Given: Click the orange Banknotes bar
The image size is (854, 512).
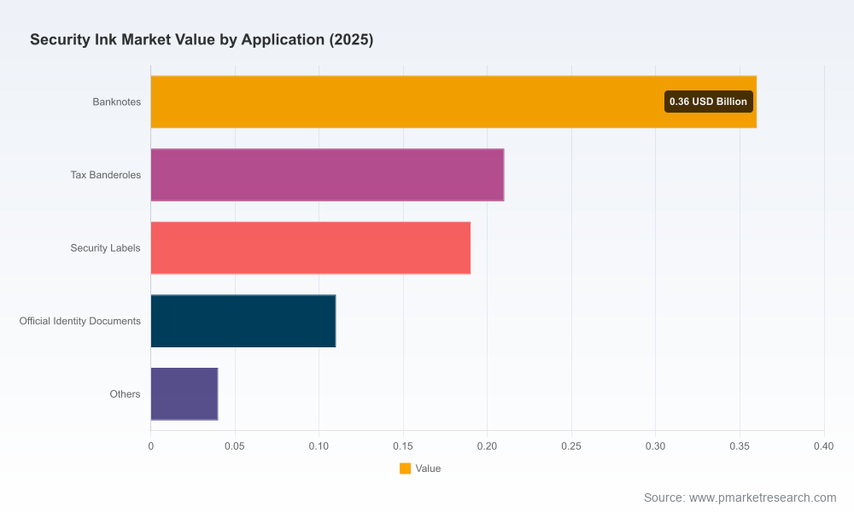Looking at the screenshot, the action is pyautogui.click(x=453, y=102).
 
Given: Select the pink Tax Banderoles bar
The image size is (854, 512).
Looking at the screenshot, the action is pyautogui.click(x=327, y=175).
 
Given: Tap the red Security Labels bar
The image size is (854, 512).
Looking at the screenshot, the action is pyautogui.click(x=311, y=247).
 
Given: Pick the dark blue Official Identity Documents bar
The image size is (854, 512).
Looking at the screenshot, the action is pyautogui.click(x=243, y=321).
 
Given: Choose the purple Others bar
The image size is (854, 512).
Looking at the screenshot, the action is pyautogui.click(x=184, y=394).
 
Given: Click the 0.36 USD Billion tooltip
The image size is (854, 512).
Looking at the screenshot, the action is pyautogui.click(x=709, y=102).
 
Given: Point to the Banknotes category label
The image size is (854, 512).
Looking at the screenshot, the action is pyautogui.click(x=116, y=102).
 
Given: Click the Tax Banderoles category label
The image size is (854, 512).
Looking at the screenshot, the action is pyautogui.click(x=106, y=175).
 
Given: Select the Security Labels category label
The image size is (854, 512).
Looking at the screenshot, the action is pyautogui.click(x=105, y=248).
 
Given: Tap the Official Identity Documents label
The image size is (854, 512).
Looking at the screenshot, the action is pyautogui.click(x=80, y=321).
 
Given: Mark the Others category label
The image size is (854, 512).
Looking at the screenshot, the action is pyautogui.click(x=126, y=394).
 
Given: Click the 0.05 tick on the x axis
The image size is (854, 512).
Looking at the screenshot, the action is pyautogui.click(x=235, y=446).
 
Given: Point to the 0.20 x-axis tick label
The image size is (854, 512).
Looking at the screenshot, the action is pyautogui.click(x=487, y=446).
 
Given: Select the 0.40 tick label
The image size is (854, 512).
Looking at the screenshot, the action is pyautogui.click(x=823, y=446).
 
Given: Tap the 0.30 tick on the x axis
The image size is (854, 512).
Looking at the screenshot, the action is pyautogui.click(x=655, y=446).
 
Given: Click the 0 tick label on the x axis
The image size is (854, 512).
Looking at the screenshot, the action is pyautogui.click(x=151, y=446).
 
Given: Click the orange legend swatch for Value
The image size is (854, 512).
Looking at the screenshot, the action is pyautogui.click(x=405, y=468).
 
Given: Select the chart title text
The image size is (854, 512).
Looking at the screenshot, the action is pyautogui.click(x=202, y=40).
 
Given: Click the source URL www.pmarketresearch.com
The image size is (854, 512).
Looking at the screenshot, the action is pyautogui.click(x=763, y=497).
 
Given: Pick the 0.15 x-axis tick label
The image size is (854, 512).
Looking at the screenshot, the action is pyautogui.click(x=403, y=446).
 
